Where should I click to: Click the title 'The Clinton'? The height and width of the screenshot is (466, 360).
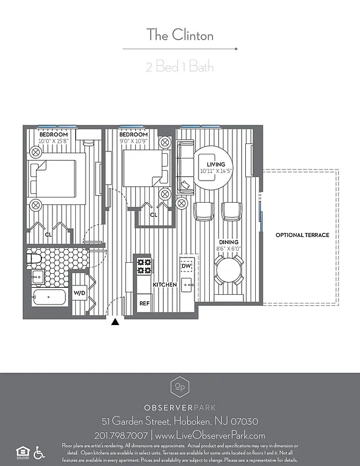[179, 35]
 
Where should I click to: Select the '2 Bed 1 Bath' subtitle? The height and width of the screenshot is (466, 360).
[179, 66]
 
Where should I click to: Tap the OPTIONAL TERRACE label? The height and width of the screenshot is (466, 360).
[302, 235]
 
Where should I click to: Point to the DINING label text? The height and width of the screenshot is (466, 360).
[228, 242]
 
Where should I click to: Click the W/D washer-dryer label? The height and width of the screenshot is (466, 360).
[79, 293]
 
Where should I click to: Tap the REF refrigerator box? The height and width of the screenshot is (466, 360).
[144, 303]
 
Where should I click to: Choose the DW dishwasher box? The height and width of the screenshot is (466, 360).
[186, 266]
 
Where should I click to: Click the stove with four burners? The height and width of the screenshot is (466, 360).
[144, 266]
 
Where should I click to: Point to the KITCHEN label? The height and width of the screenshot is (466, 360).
[165, 285]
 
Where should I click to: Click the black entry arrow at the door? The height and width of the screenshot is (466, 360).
[115, 322]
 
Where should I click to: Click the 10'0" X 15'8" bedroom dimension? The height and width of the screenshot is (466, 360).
[54, 141]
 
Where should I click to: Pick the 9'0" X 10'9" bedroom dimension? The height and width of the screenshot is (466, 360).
[134, 141]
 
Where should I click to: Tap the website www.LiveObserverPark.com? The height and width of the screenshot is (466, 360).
[210, 435]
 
